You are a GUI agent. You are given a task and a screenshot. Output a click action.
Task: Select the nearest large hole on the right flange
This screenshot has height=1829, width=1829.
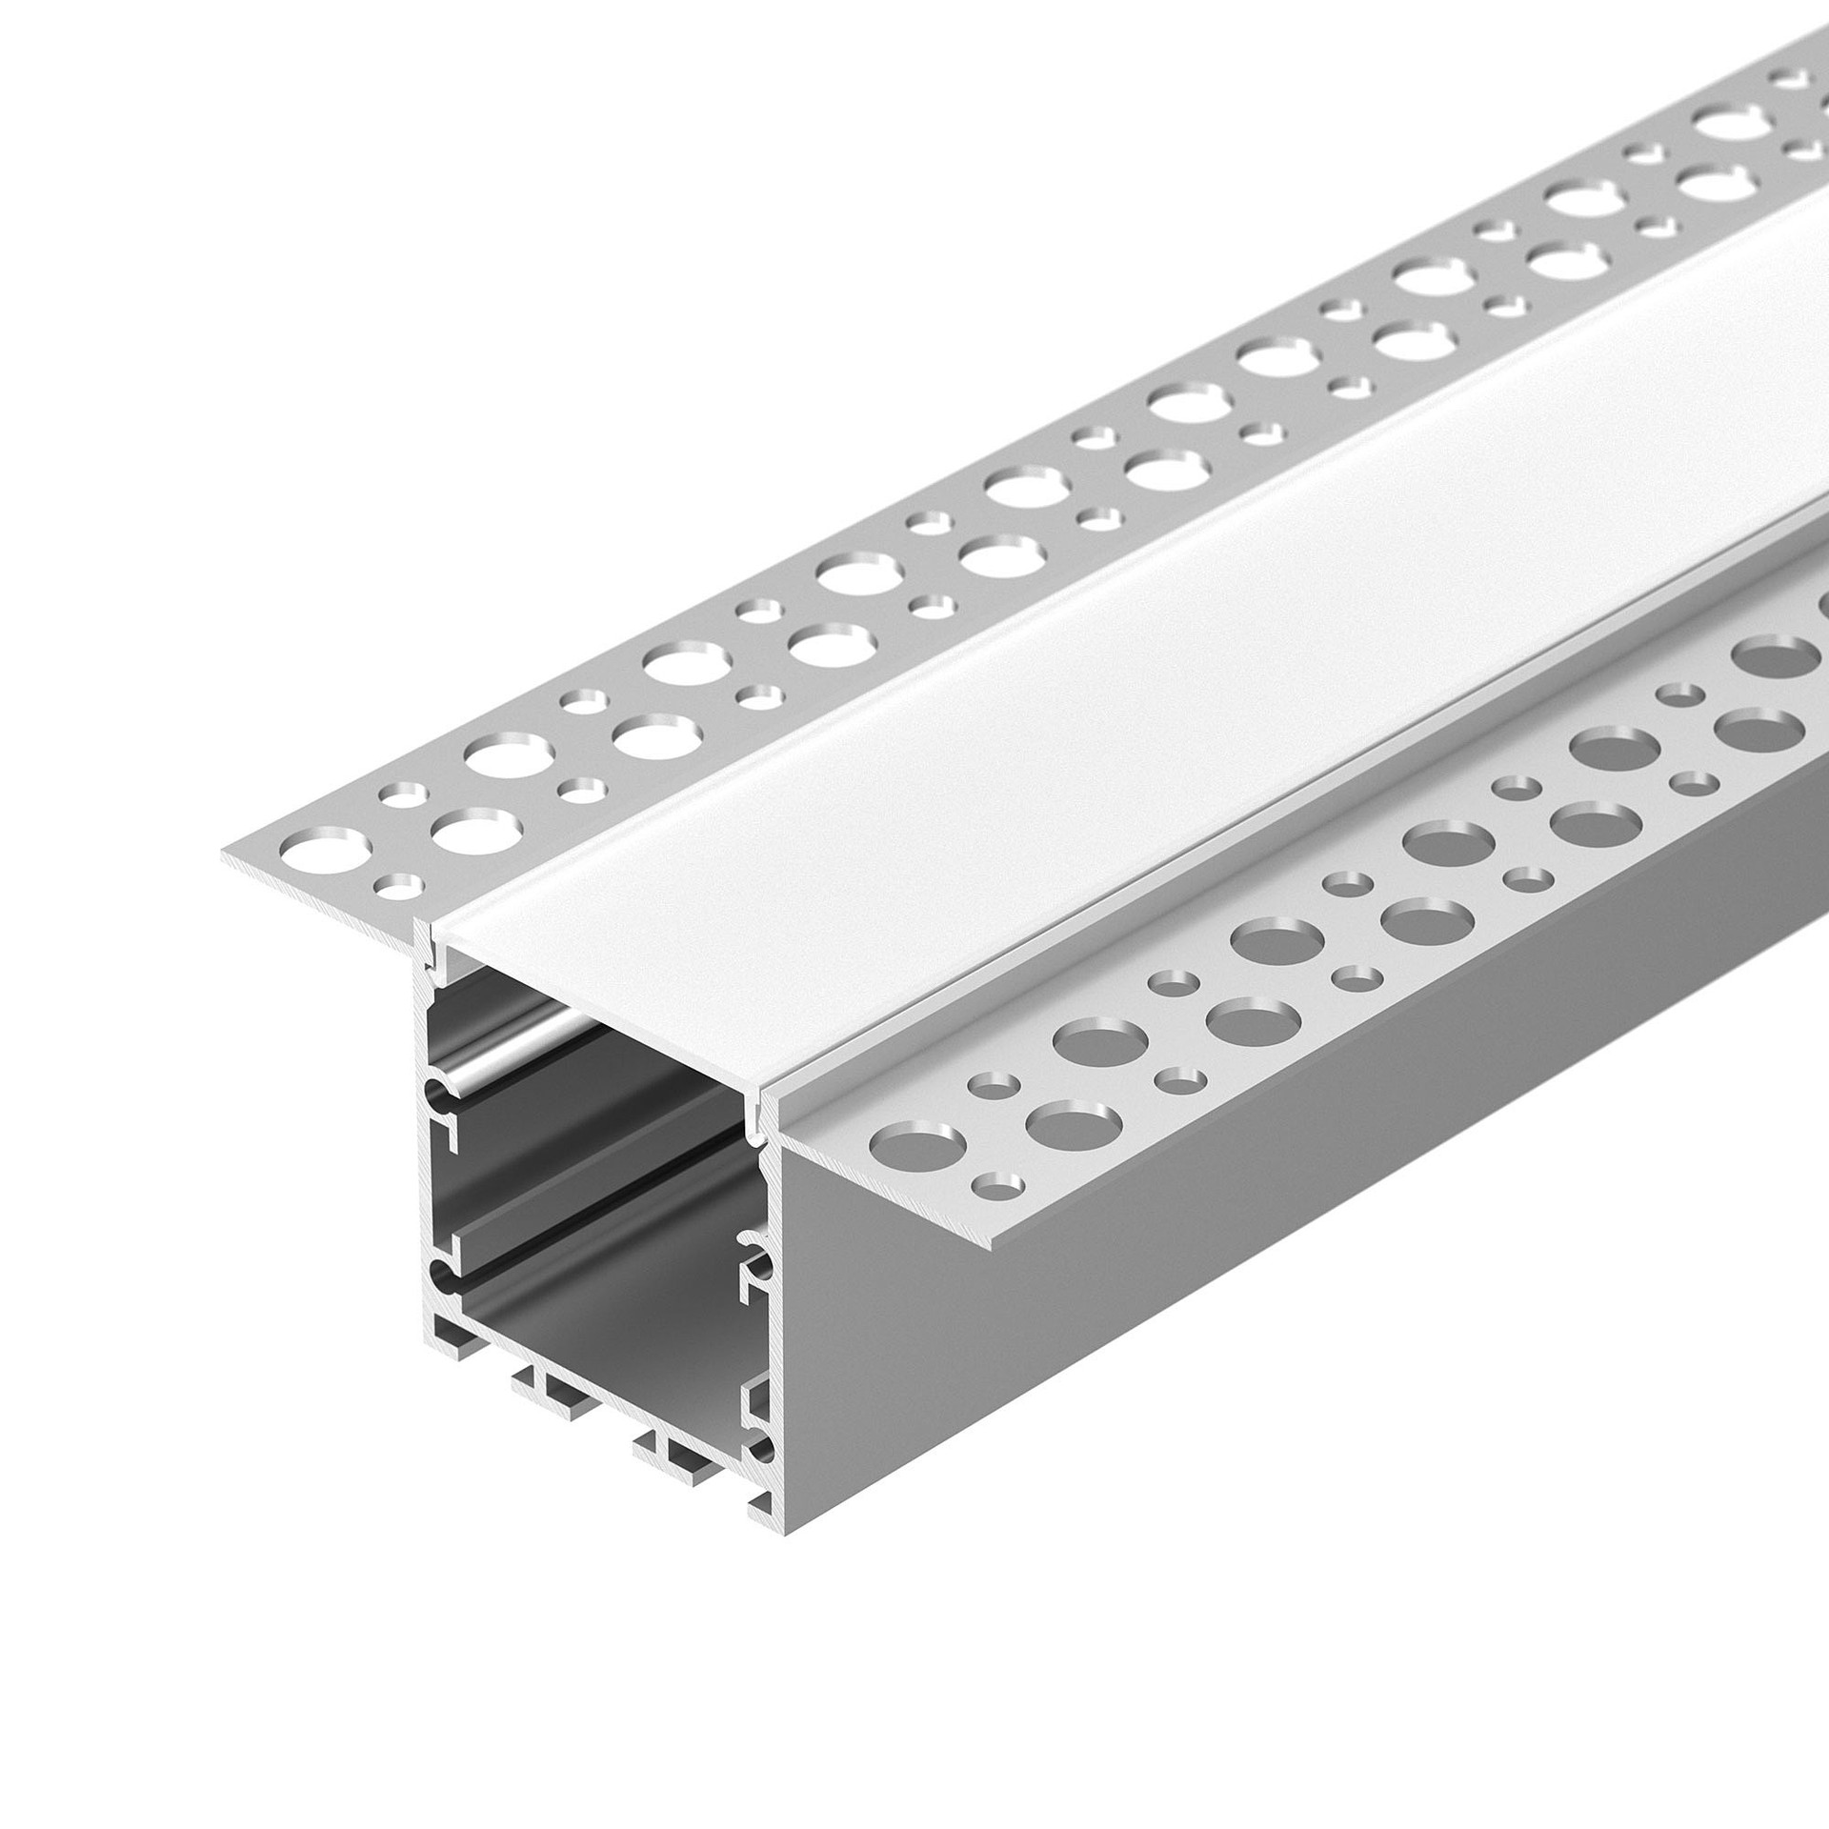point(918,1141)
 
